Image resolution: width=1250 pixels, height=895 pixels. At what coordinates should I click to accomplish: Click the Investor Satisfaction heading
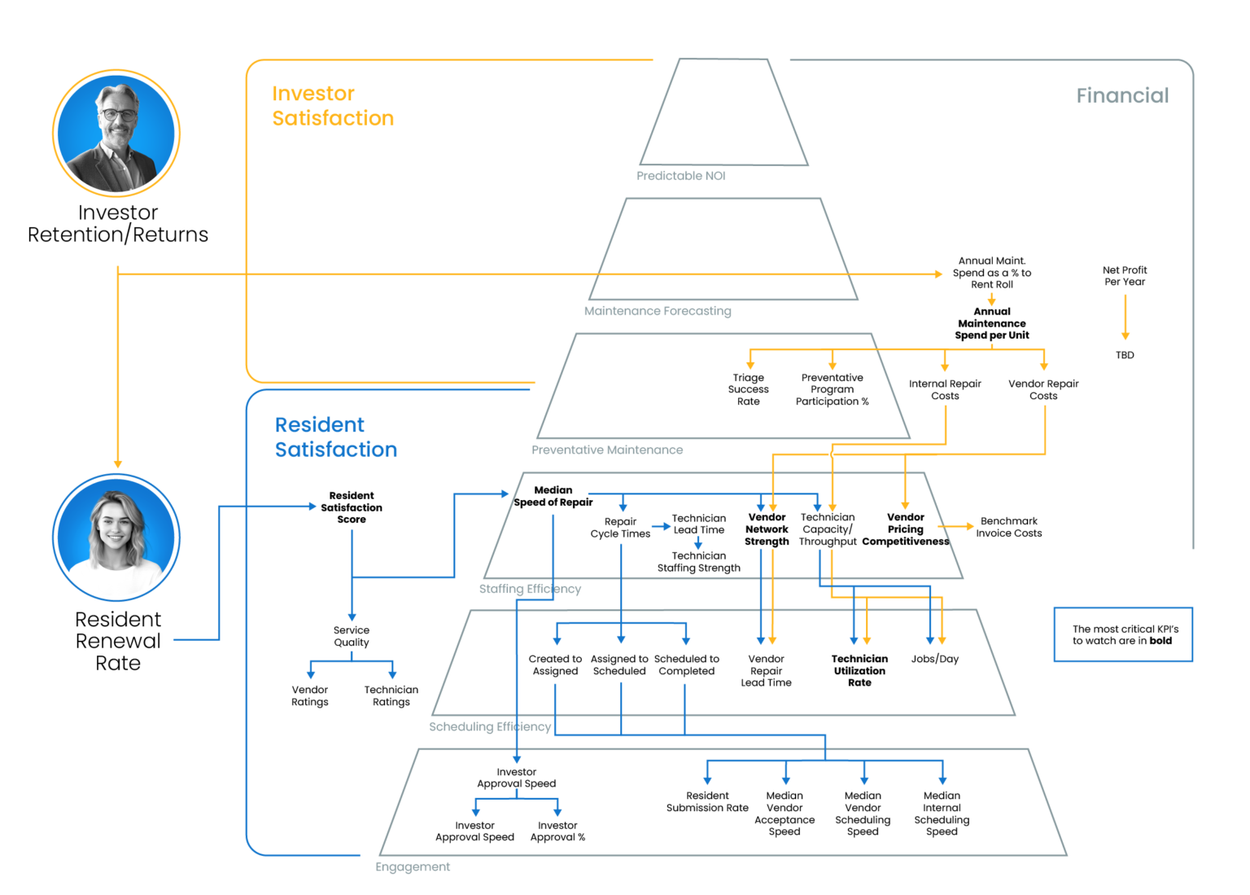coord(332,106)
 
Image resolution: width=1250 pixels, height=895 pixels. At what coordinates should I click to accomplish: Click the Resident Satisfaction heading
coord(334,437)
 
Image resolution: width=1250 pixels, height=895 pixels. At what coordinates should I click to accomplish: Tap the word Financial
coord(1121,96)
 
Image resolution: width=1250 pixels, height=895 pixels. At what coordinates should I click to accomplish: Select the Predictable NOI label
coord(680,176)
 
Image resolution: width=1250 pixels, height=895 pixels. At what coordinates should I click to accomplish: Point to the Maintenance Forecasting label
coord(658,311)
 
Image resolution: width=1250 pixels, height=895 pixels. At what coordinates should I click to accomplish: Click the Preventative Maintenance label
coord(606,450)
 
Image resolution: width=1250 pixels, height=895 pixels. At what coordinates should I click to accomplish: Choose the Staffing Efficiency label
coord(530,589)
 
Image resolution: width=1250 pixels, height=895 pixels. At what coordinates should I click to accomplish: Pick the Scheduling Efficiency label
coord(489,726)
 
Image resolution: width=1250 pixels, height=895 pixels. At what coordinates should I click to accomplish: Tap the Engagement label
coord(413,867)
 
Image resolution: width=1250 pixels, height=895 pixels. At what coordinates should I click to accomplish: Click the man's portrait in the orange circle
coord(116,133)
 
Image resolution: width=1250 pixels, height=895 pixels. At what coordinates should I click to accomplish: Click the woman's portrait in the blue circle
coord(116,537)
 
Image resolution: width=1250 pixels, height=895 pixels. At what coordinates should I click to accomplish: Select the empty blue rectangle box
coord(1123,634)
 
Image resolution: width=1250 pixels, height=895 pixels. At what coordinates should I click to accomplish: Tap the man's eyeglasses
coord(117,114)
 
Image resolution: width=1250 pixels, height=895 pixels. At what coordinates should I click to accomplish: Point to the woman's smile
coord(115,539)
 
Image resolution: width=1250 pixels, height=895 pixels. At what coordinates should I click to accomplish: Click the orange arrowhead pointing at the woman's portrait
coord(118,463)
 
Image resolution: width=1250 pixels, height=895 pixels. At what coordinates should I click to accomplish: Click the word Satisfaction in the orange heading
coord(332,119)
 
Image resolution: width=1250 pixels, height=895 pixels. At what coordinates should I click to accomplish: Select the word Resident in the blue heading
coord(319,425)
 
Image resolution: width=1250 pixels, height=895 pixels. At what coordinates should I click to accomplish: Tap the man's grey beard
coord(119,134)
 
